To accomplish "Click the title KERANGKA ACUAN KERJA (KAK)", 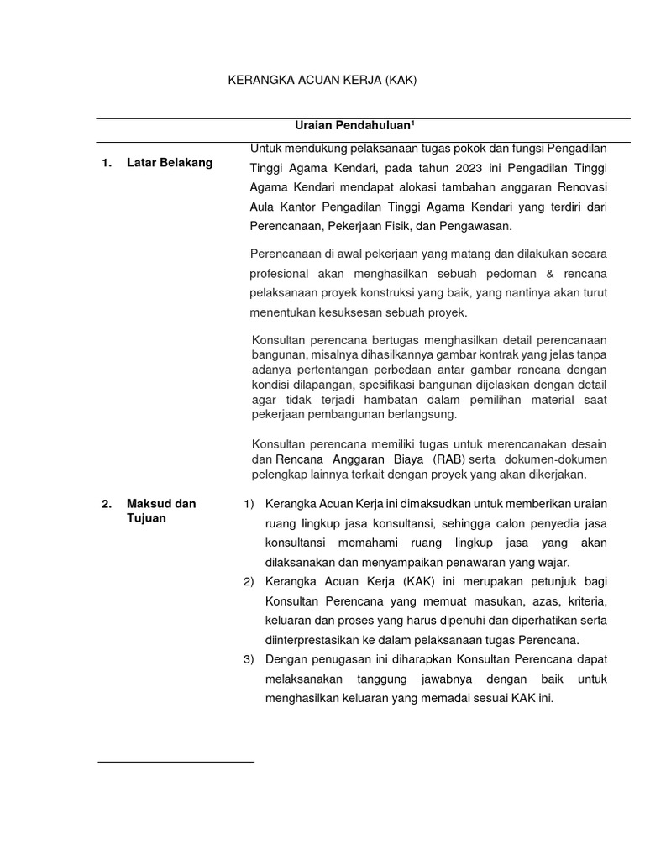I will (x=323, y=81).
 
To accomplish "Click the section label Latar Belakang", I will (x=169, y=163).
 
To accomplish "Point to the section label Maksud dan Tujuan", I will (x=160, y=511).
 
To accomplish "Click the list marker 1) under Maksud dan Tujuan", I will (x=248, y=504).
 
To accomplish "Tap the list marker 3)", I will (x=248, y=659).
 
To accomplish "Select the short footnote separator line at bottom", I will (x=176, y=762).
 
